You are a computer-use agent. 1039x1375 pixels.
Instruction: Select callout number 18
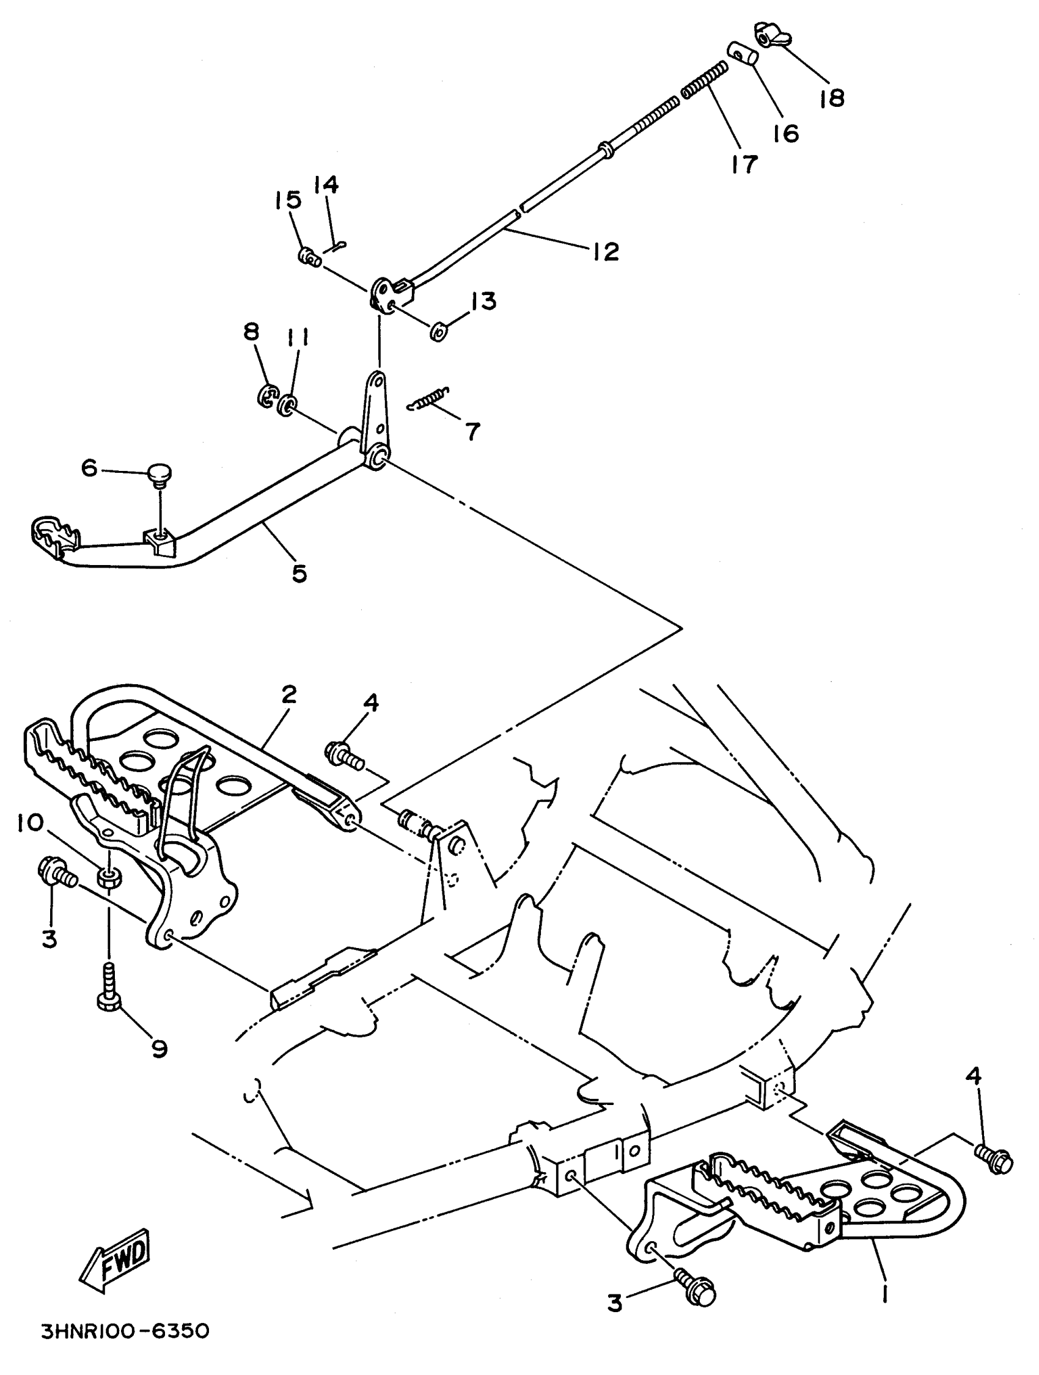click(x=832, y=98)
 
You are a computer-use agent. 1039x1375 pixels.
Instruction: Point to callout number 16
click(x=786, y=133)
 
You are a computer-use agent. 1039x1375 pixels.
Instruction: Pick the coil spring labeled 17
click(x=705, y=79)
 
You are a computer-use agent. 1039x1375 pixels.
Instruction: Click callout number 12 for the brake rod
click(x=606, y=250)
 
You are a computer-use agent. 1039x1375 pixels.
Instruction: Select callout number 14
click(x=325, y=184)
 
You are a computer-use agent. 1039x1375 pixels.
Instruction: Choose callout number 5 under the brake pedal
click(x=299, y=573)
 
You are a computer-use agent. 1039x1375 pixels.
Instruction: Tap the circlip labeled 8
click(x=268, y=396)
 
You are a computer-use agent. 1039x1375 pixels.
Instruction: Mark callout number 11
click(x=298, y=338)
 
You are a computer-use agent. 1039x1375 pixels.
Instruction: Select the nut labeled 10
click(x=109, y=878)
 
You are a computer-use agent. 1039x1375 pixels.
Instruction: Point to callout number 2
click(x=288, y=694)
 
